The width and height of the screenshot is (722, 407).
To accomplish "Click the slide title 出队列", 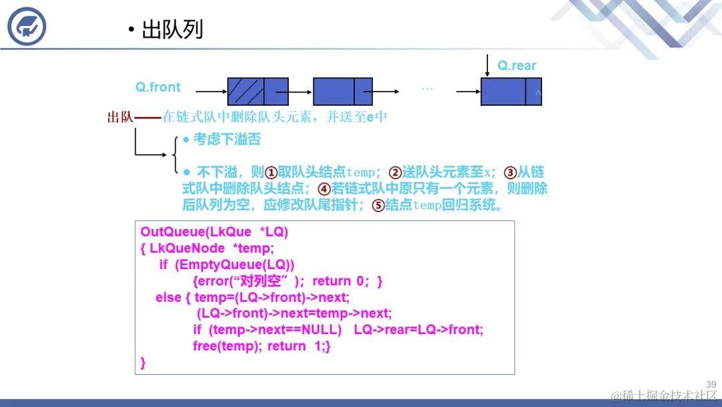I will point(172,29).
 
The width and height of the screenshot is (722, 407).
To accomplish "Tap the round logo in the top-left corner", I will point(27,26).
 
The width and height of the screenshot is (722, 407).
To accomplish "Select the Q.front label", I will point(158,87).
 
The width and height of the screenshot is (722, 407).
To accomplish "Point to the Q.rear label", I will point(517,65).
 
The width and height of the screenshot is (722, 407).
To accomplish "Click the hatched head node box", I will point(246,91).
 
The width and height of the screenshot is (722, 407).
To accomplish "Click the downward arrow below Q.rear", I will point(487,65).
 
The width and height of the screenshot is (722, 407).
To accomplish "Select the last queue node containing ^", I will point(511,91).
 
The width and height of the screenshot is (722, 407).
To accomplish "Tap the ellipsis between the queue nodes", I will point(427,88).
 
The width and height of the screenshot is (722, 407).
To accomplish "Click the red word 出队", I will point(120,117).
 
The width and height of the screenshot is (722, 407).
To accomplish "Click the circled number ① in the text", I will point(271,172).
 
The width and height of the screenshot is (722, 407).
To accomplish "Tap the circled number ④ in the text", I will point(324,189).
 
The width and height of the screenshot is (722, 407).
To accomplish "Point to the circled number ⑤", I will point(378,206).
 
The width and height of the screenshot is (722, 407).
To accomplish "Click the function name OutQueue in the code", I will point(165,232).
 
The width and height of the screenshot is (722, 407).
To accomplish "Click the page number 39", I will point(711,384).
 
